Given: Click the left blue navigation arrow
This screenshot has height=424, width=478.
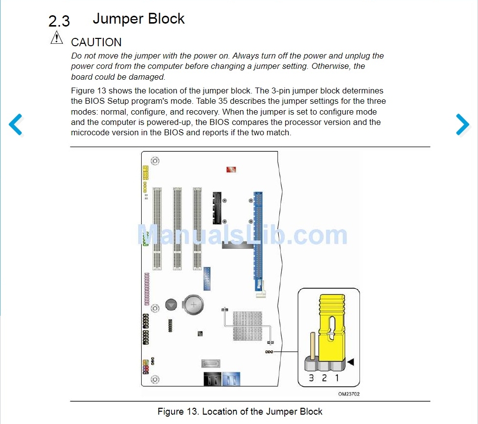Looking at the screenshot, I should coord(16,124).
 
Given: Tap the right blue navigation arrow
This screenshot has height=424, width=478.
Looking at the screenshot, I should coord(462,124).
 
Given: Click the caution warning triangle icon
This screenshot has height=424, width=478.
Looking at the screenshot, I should coord(57,37).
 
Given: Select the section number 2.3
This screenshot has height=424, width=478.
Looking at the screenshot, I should coord(59,21).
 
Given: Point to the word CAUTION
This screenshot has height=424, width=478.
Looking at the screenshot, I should coord(96,42).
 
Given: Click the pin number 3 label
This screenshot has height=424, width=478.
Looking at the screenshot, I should coord(311,378).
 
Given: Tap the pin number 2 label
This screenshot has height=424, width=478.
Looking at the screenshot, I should coord(324,378).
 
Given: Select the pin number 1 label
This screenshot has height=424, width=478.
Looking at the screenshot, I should coord(337,378).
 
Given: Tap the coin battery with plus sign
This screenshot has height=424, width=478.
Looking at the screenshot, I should coord(194,305).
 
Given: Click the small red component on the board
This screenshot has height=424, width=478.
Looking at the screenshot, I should coord(231,170).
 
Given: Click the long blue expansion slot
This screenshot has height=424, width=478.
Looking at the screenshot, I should coord(257,241).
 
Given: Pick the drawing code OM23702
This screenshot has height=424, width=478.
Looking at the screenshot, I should coord(349,394).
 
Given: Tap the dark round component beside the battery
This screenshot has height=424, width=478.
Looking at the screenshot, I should coord(171,304).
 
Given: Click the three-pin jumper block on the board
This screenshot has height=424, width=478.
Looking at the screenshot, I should coord(269,352).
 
